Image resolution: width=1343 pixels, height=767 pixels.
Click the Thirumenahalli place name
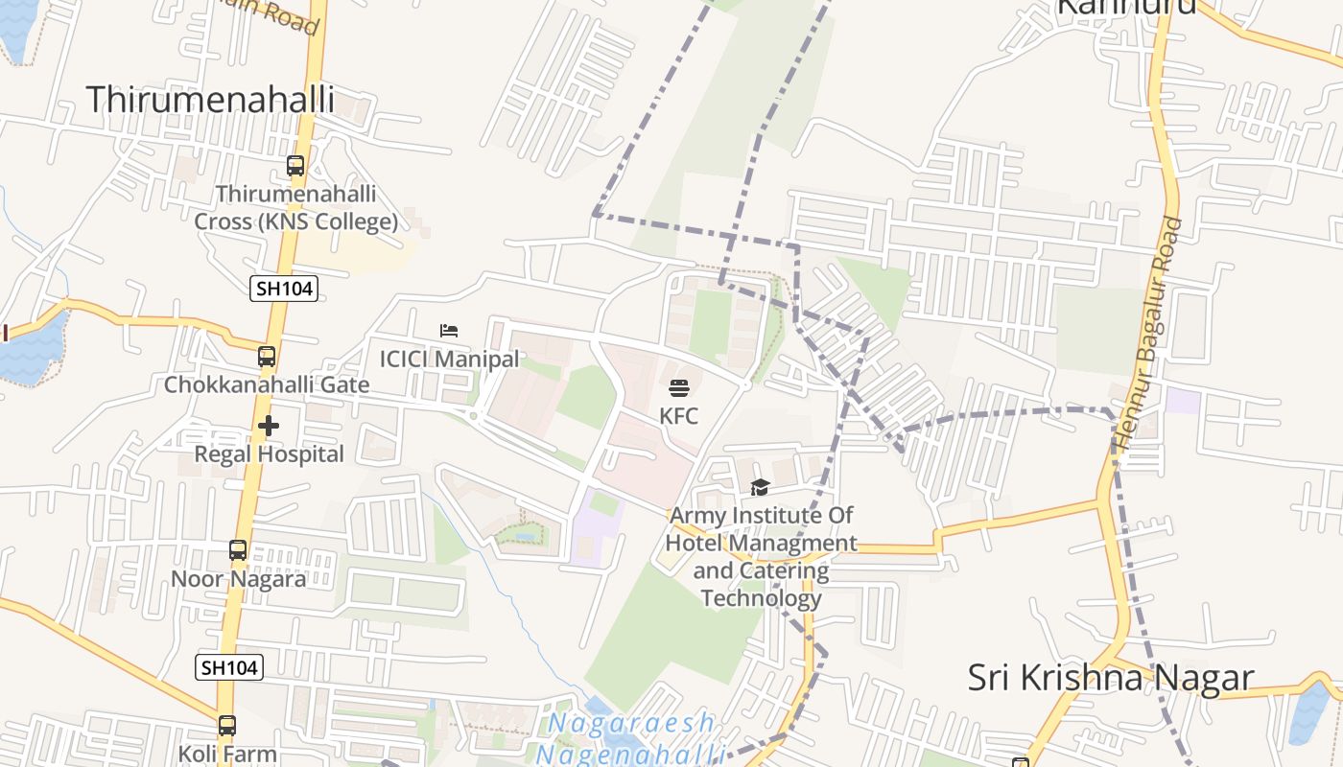210,100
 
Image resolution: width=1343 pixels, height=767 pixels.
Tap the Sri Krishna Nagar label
1110,678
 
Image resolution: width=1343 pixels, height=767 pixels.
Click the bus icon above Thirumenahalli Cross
295,166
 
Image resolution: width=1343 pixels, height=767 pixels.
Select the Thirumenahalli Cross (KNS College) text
295,208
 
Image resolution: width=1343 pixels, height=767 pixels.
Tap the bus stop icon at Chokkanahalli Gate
267,357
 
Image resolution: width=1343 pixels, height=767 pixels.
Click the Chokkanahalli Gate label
267,385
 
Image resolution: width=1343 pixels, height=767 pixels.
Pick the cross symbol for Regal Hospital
269,426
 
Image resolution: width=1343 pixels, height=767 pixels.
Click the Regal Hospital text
269,453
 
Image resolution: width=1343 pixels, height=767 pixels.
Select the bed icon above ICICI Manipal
449,331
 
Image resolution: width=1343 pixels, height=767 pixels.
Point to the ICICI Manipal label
449,360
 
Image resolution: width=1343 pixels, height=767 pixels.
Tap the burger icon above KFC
679,388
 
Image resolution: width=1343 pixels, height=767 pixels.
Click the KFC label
679,416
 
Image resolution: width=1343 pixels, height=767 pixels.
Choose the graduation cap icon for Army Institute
761,488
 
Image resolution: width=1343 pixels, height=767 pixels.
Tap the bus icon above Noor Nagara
238,550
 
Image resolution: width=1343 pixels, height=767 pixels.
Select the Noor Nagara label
238,579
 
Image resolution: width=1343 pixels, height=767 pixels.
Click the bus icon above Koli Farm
226,726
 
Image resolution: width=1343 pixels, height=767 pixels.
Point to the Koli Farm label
226,754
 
